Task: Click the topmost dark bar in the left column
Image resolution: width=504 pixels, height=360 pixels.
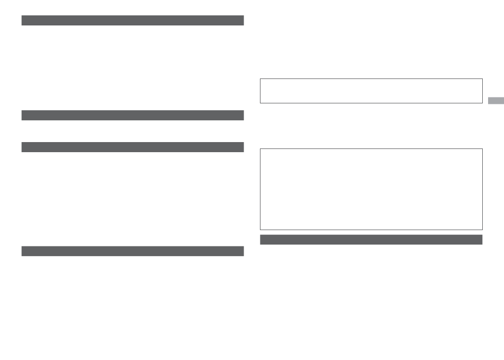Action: [133, 21]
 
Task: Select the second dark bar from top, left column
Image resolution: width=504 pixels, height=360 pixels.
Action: [133, 115]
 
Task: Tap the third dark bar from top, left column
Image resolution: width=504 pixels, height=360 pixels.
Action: [133, 147]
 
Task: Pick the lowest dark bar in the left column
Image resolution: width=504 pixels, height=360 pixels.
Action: [133, 251]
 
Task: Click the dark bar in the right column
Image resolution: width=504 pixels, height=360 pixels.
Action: [371, 240]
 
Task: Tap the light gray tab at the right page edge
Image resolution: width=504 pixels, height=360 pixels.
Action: [496, 101]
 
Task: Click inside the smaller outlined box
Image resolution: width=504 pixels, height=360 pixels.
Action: [371, 91]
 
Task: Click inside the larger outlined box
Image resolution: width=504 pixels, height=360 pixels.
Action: [371, 189]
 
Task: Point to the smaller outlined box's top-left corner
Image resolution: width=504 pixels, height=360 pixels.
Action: [260, 79]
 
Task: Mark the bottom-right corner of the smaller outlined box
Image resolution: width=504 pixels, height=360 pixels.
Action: [482, 103]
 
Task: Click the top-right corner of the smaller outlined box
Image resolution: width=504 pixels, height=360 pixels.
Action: [482, 79]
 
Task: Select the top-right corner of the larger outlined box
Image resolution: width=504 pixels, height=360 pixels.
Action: [482, 149]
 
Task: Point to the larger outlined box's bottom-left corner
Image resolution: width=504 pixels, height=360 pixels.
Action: [260, 229]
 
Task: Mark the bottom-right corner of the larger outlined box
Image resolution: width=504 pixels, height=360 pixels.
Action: [482, 229]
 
